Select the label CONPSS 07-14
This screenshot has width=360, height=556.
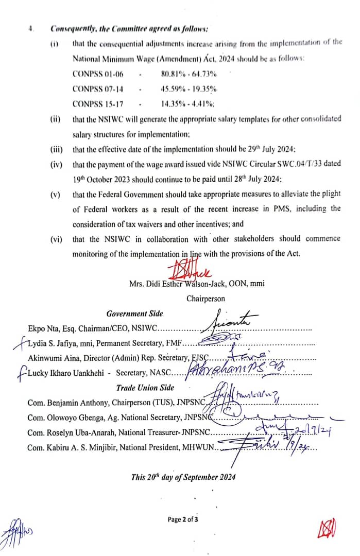point(98,89)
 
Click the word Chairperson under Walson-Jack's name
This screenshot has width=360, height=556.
point(205,298)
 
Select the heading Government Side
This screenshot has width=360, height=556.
point(134,314)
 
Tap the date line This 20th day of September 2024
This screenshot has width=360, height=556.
point(183,477)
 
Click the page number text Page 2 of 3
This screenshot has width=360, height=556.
point(183,519)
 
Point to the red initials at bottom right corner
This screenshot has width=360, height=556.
point(326,528)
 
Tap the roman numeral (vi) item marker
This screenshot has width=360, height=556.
point(56,239)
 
